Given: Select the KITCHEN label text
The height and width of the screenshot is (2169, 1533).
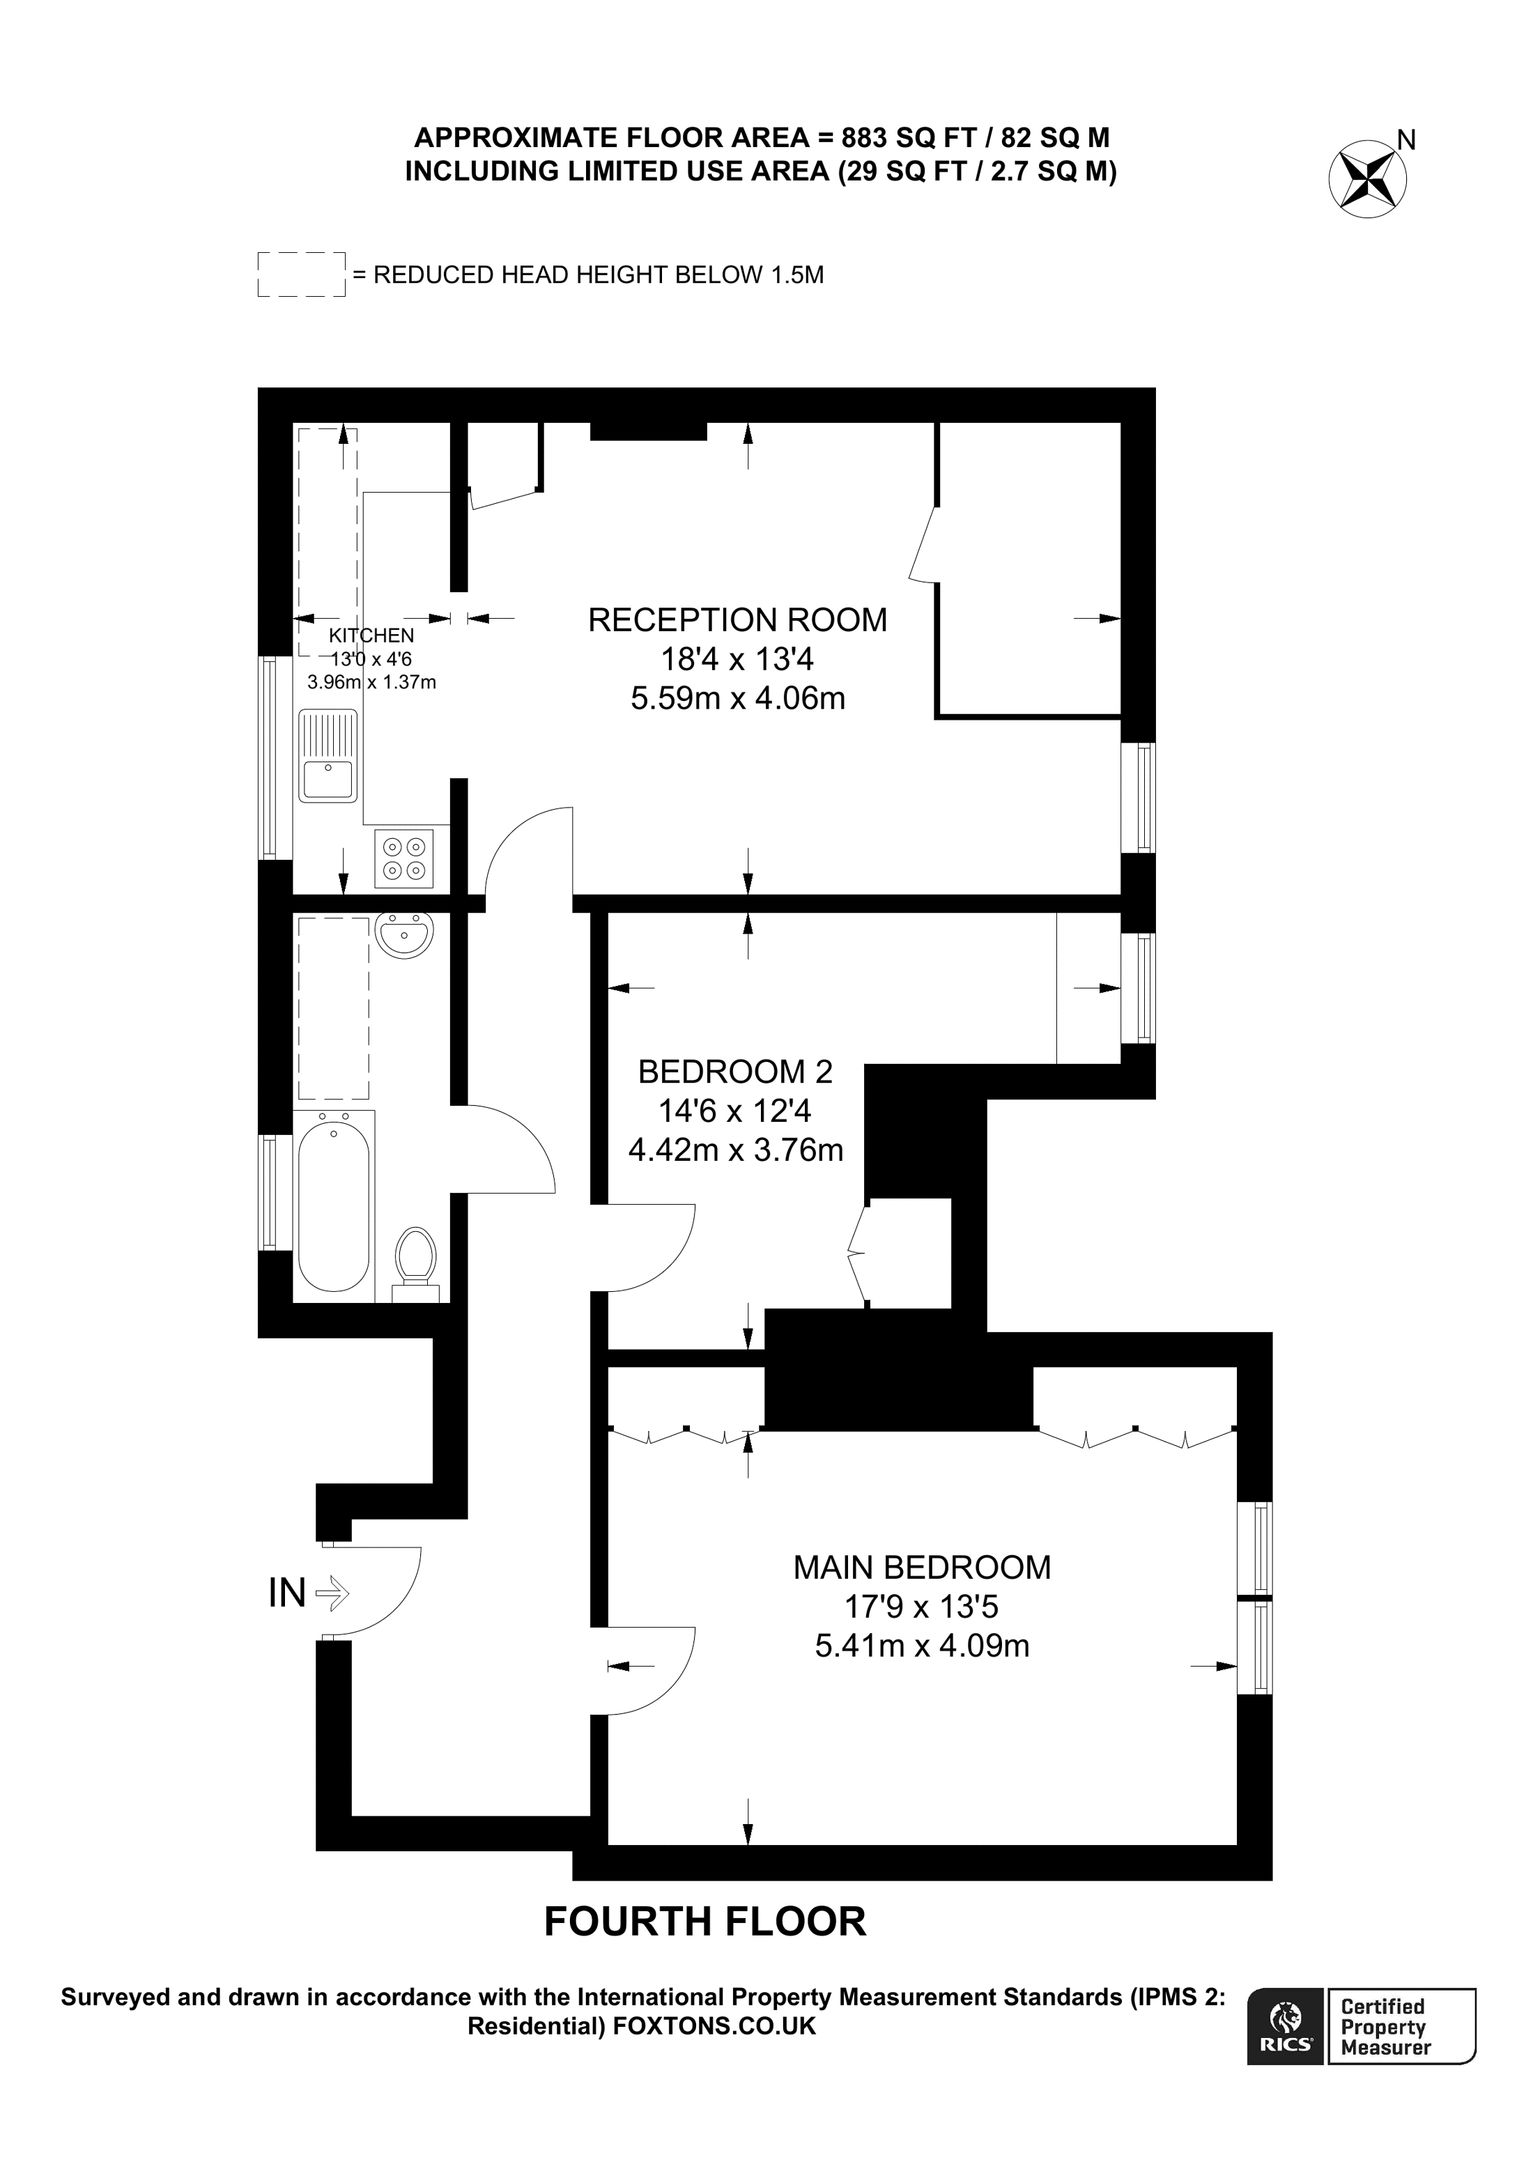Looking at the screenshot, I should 371,635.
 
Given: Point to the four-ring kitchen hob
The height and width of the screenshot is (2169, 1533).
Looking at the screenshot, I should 404,858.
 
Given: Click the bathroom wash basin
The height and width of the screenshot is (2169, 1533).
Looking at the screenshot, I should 404,935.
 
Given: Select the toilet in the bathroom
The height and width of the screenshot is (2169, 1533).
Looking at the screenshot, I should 415,1261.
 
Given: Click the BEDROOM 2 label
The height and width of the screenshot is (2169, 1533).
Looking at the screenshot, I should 735,1072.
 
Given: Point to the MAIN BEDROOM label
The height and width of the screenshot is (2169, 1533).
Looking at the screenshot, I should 921,1567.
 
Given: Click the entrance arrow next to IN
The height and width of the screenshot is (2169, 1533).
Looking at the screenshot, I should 332,1593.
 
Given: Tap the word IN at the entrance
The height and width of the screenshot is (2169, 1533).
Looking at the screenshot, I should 287,1593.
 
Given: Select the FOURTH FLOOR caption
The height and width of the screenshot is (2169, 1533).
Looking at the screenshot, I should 704,1922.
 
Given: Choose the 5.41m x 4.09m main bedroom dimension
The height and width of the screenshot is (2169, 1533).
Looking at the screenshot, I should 921,1645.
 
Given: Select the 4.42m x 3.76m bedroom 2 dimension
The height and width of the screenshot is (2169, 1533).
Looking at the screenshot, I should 735,1150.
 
